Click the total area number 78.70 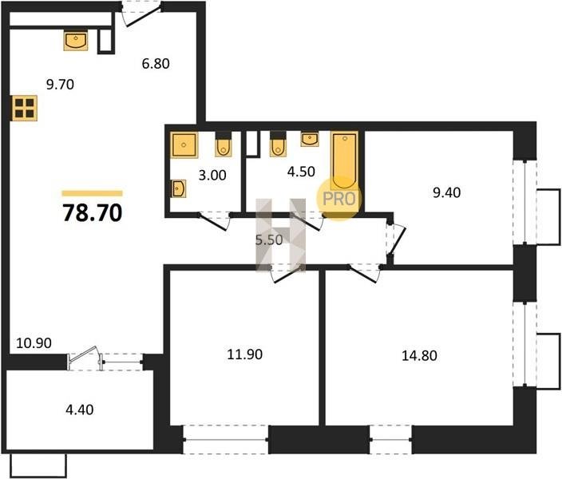click(93, 213)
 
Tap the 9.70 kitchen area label click(60, 85)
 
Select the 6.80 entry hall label click(156, 64)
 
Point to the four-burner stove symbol click(25, 109)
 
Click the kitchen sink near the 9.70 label click(76, 41)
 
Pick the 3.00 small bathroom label click(212, 176)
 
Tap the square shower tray click(184, 144)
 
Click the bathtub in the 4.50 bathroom click(344, 160)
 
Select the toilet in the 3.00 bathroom click(224, 144)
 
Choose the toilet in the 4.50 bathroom click(278, 144)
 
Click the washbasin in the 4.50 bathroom click(310, 139)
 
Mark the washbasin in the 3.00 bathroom click(179, 188)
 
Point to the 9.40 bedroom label click(446, 193)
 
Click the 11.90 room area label click(245, 354)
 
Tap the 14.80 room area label click(419, 356)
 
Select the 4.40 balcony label click(80, 410)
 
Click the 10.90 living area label click(34, 343)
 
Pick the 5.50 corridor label click(269, 239)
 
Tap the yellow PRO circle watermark click(338, 198)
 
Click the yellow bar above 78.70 click(92, 194)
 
